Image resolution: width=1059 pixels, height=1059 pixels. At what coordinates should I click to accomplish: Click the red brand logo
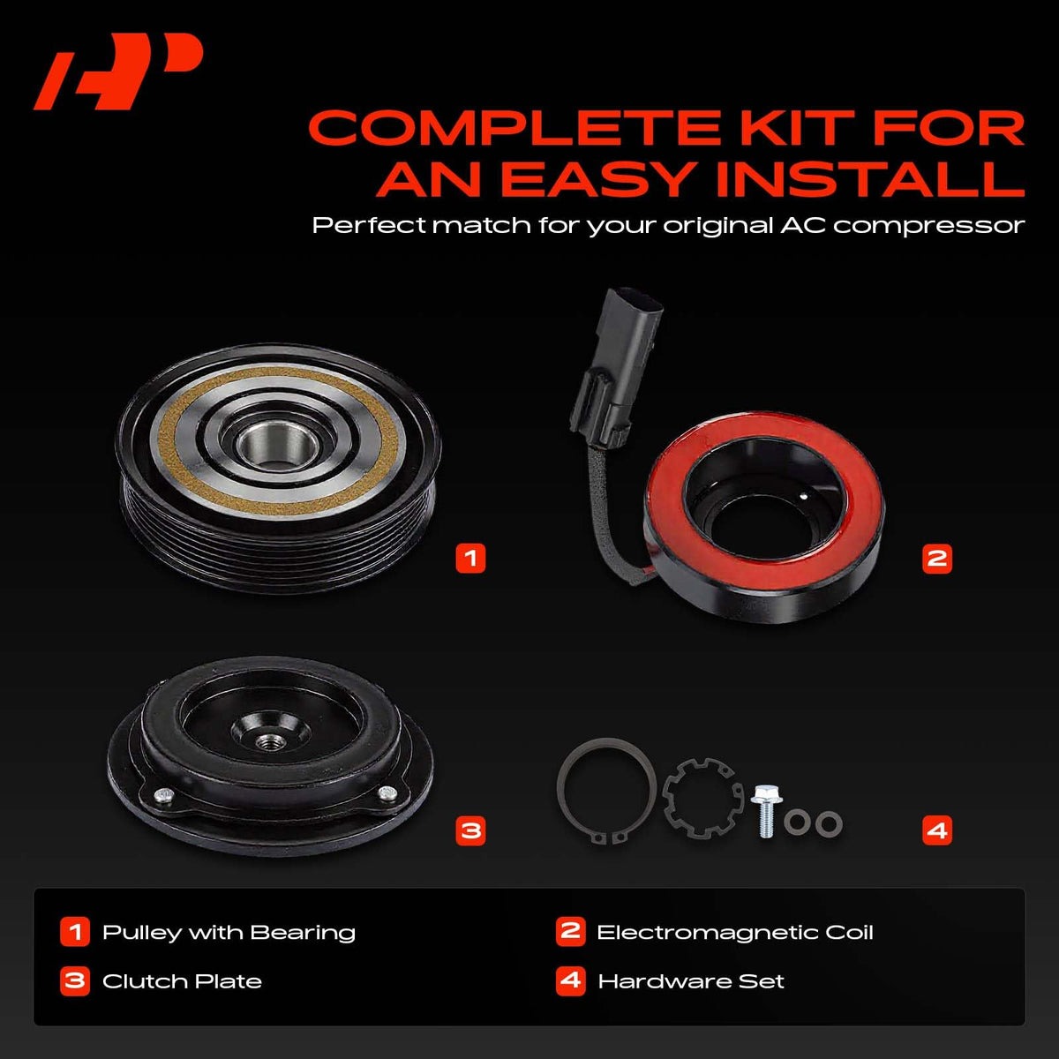point(118,71)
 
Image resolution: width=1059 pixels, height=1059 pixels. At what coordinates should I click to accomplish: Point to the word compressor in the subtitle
point(928,226)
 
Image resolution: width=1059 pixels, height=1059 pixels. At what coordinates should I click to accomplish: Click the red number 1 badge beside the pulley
point(470,559)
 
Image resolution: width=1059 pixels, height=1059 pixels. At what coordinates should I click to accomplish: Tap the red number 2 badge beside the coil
point(937,559)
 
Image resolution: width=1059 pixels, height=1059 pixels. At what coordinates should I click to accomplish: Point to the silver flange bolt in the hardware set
point(765,811)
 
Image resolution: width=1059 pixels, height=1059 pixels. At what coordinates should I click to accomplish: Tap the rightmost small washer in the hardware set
point(828,823)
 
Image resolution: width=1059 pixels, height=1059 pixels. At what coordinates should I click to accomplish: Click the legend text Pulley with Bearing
point(229,934)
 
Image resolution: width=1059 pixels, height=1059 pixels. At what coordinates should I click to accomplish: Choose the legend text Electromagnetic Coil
point(735,933)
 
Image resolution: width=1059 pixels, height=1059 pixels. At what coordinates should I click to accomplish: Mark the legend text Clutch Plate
point(182,981)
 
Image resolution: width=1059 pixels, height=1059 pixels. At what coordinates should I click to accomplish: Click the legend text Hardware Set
point(691,981)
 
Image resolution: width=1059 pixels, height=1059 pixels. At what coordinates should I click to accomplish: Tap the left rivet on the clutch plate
point(161,794)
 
